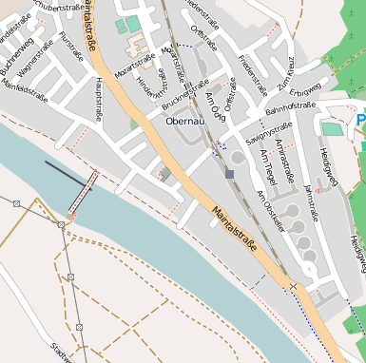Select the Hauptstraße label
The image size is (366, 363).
(98, 99)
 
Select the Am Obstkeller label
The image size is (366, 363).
(271, 210)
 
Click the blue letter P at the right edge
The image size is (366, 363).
(360, 121)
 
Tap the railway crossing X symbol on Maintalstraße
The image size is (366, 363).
(293, 286)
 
